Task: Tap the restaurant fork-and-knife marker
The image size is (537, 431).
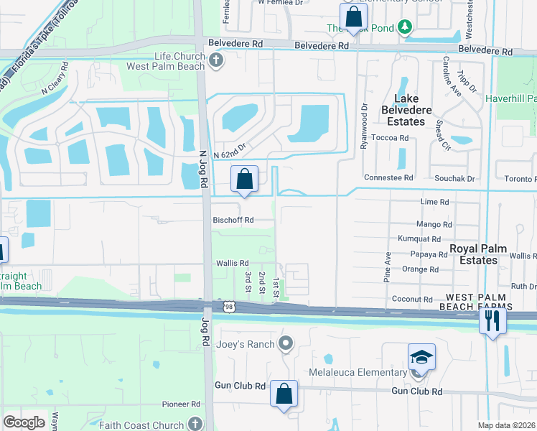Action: (x=492, y=320)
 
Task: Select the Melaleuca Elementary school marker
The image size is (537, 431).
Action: (x=421, y=356)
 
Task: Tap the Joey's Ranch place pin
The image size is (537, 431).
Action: (x=286, y=343)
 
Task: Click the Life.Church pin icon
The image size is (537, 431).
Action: (x=215, y=62)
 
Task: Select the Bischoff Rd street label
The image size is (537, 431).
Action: (x=233, y=220)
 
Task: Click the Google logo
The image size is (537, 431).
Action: (x=24, y=422)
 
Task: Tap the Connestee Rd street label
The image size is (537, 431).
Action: (x=388, y=177)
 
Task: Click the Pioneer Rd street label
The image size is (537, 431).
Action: (x=180, y=404)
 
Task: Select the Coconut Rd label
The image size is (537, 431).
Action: (x=412, y=299)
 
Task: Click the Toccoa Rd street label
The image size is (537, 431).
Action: (x=394, y=139)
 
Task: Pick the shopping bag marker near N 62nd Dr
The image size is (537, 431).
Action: (x=244, y=179)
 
